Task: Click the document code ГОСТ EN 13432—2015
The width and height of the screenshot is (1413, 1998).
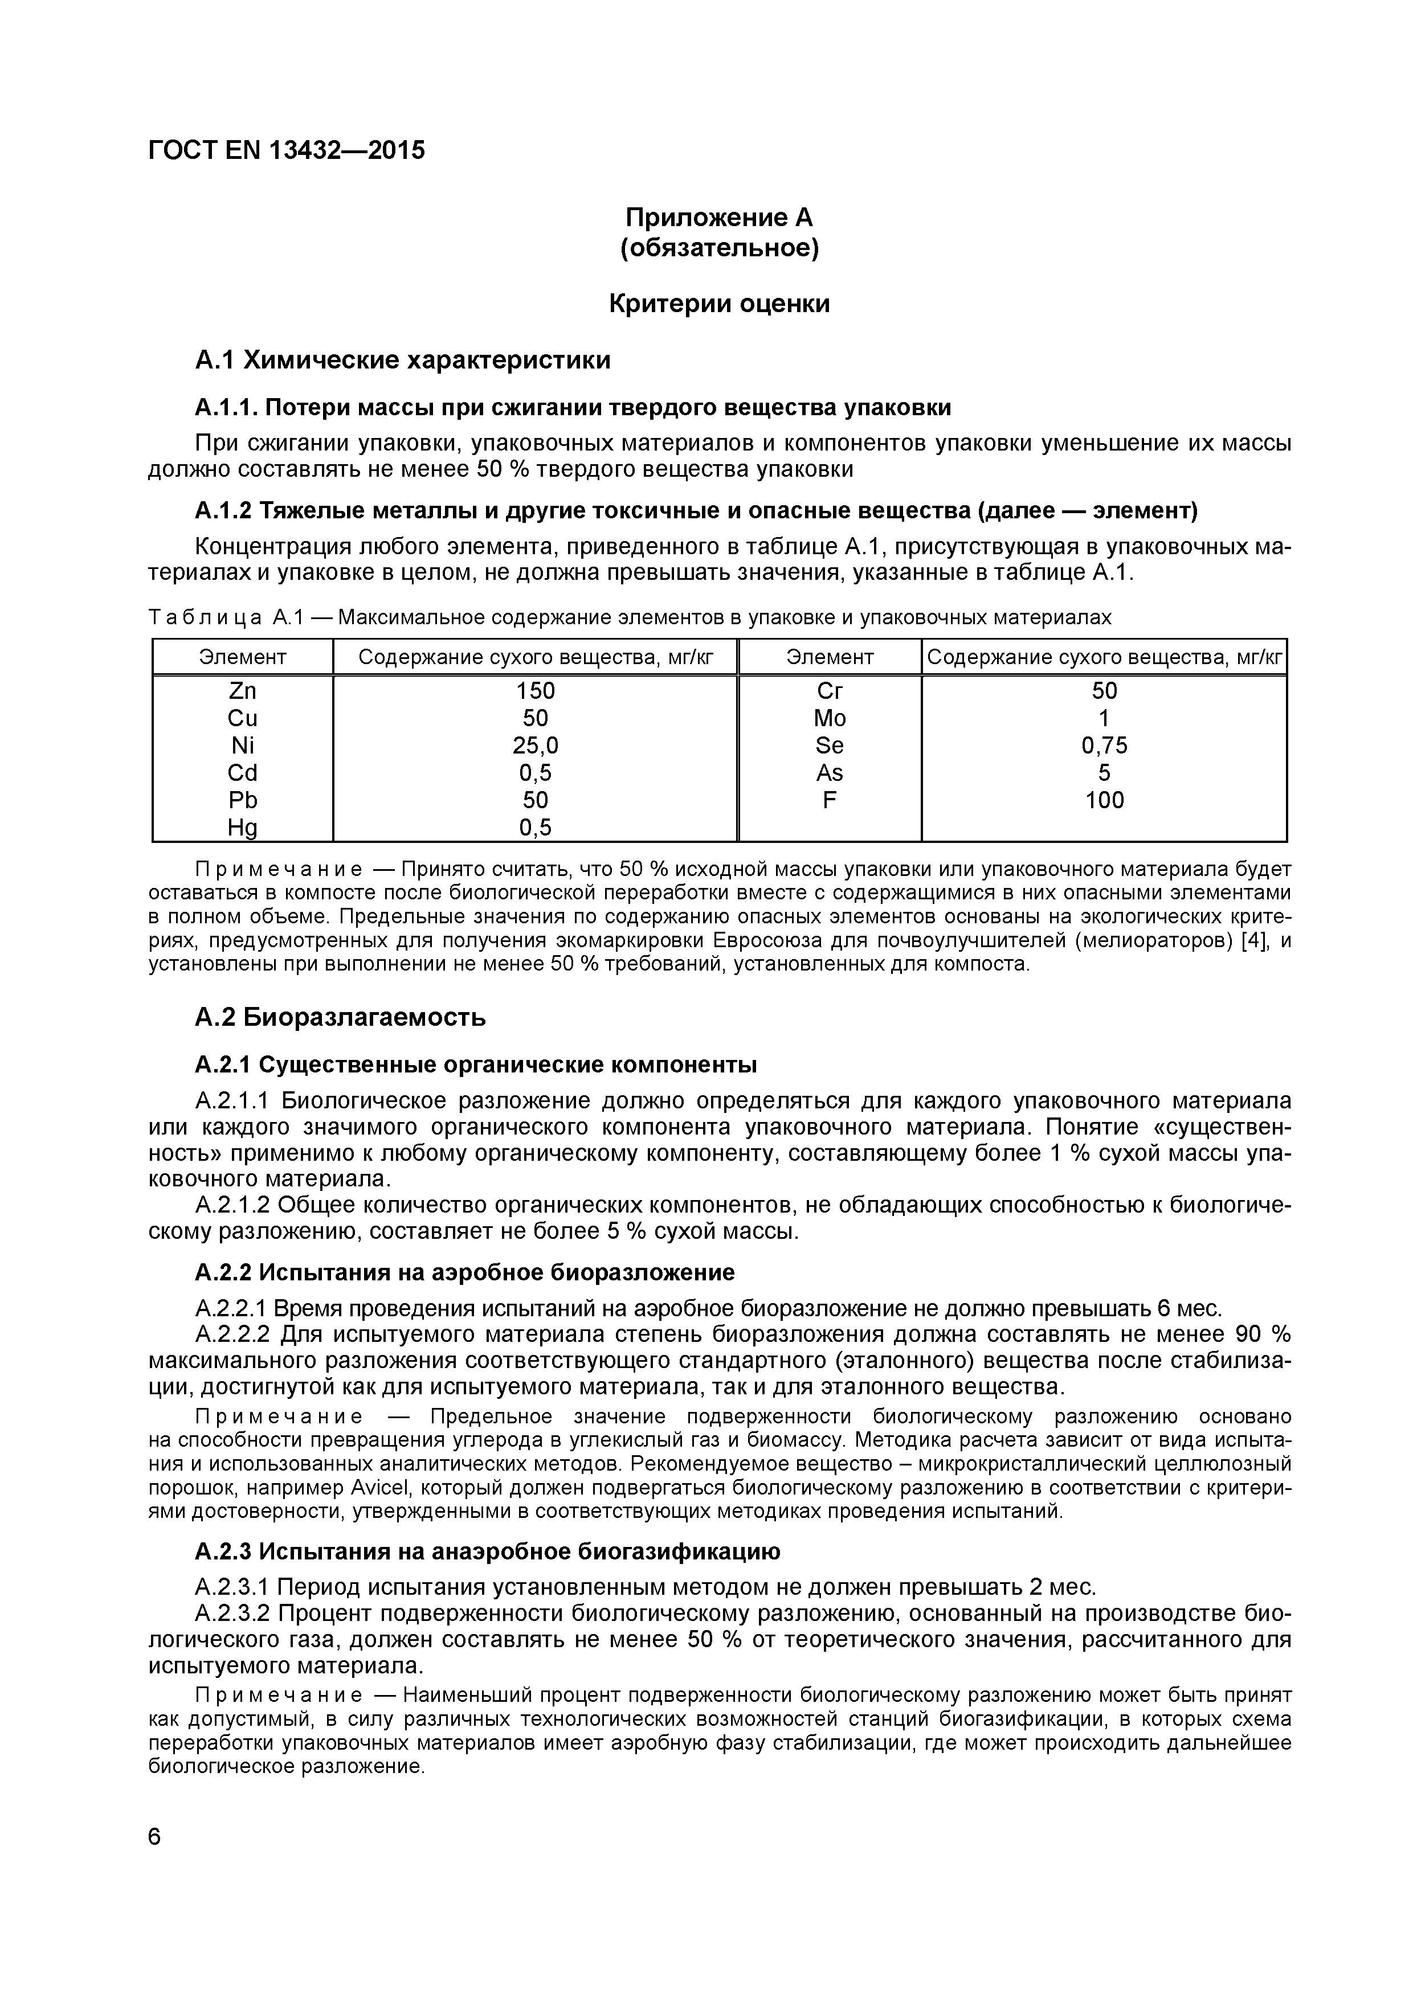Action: click(x=287, y=150)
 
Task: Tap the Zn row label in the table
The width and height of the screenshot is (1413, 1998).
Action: click(x=242, y=691)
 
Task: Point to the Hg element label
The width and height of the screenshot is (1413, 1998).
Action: click(x=242, y=828)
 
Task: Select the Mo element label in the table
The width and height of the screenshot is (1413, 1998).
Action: click(x=829, y=719)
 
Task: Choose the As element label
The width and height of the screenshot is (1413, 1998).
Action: click(x=829, y=773)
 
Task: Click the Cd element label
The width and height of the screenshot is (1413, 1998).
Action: click(x=242, y=773)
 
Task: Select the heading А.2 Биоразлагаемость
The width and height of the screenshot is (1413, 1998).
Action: click(x=340, y=1017)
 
